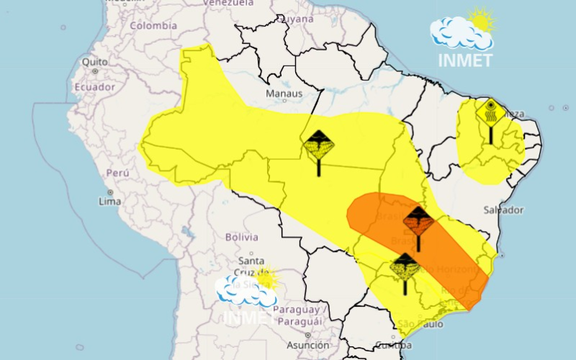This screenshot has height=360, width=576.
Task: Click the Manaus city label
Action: point(283,93)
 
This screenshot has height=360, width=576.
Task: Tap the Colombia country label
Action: point(153,26)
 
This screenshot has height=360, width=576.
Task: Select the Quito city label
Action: point(94,62)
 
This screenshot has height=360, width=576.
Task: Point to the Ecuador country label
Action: point(94,86)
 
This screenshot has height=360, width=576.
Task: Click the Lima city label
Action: point(109,202)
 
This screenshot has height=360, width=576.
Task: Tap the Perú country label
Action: point(117,174)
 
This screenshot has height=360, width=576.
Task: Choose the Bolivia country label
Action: point(241,236)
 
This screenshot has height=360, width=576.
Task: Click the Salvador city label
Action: point(503,210)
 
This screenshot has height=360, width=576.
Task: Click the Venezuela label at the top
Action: point(228,4)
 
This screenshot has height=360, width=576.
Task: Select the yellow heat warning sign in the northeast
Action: point(490,115)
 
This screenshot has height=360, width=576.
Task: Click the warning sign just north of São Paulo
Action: point(405,268)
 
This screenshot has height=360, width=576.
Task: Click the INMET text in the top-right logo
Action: point(466,59)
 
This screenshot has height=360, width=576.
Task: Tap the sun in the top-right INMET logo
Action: point(481,19)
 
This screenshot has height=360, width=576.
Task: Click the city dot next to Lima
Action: point(110,192)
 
